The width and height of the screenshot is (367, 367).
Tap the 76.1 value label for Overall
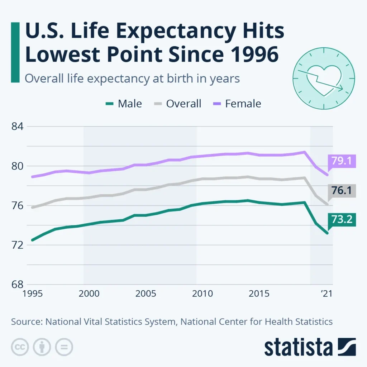(342, 190)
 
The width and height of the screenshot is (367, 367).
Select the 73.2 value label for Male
(342, 219)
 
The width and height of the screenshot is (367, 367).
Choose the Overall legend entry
(178, 104)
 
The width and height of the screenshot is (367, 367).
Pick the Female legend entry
(237, 104)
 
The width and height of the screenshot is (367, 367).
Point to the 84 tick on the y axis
(18, 127)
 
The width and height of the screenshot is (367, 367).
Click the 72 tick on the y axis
(18, 245)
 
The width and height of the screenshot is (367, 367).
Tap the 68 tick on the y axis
(18, 285)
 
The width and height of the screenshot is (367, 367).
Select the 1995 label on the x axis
(32, 294)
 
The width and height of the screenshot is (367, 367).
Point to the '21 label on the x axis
(325, 294)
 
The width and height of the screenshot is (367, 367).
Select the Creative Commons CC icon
(20, 347)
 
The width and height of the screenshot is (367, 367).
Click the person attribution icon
(42, 347)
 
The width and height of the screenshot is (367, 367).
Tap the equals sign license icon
(64, 347)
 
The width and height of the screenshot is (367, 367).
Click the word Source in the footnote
(25, 321)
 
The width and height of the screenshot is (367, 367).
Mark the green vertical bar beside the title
(15, 52)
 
